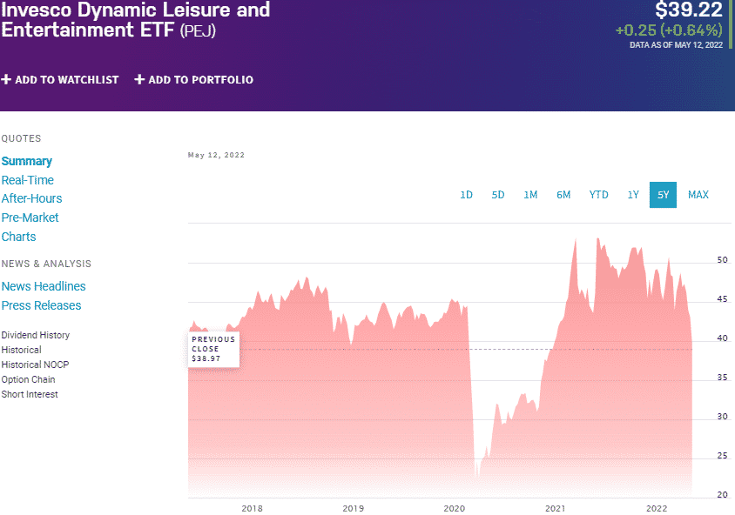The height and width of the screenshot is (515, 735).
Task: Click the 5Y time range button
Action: point(663,195)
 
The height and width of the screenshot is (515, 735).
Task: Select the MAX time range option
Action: point(698,195)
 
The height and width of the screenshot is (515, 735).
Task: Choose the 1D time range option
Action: point(466,195)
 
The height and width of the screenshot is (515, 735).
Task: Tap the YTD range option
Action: point(598,195)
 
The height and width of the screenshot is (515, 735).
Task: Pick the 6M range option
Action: point(563,195)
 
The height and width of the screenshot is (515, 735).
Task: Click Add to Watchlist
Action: point(60,80)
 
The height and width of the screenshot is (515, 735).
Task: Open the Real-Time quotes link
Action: point(28,180)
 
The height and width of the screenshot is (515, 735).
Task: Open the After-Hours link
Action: point(31,198)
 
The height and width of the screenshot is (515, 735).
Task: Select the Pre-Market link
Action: point(30,217)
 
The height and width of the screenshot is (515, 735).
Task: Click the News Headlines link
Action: point(44,286)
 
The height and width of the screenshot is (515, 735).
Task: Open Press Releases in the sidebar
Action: point(41,305)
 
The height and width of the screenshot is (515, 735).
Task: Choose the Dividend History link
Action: point(36,335)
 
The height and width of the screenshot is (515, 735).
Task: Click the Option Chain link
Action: point(29,379)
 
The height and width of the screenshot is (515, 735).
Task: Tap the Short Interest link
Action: point(30,394)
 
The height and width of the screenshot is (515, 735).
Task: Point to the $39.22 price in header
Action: point(688,10)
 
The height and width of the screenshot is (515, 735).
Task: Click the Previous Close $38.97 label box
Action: point(213,349)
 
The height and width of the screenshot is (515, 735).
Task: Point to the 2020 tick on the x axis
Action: point(454,508)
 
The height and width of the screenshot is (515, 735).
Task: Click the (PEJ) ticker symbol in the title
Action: point(198,31)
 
